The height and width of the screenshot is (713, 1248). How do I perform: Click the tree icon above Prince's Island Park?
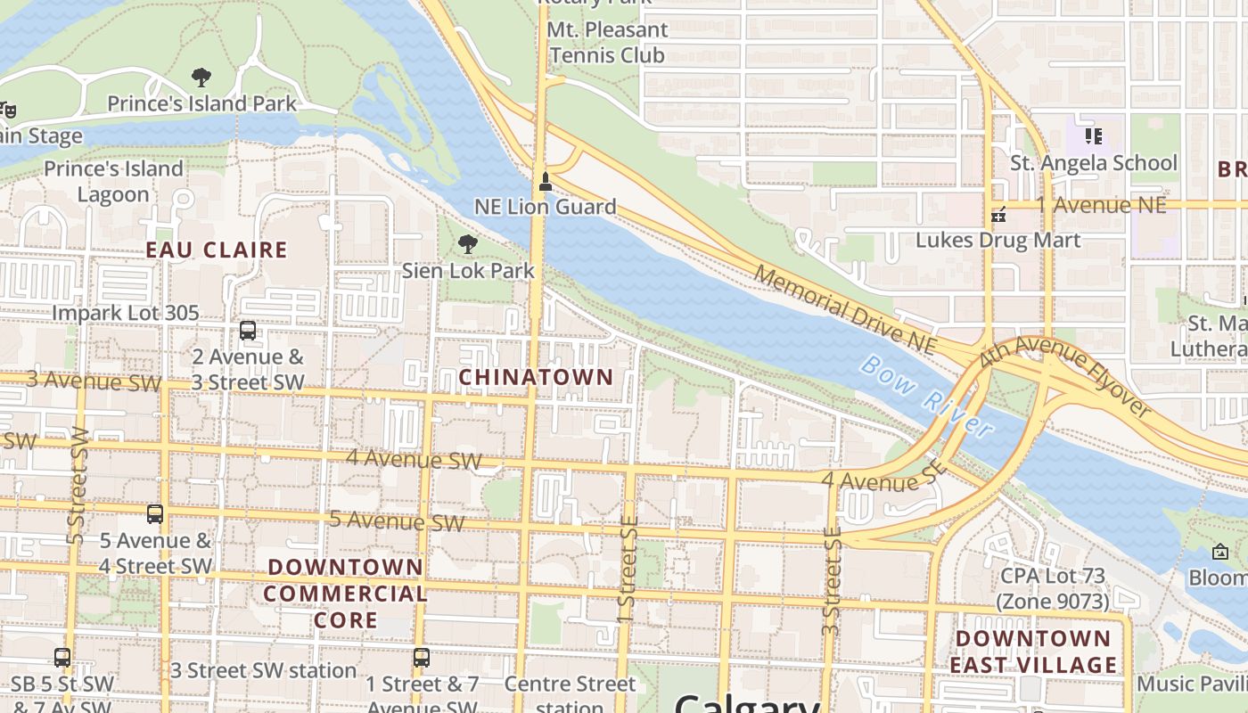pos(201,78)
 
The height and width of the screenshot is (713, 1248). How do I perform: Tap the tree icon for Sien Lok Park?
pos(467,244)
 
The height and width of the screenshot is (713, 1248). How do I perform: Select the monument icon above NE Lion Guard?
pos(545,182)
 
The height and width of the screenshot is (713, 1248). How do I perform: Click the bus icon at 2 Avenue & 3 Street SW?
pos(248,331)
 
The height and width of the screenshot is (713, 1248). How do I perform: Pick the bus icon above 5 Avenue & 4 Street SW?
pos(155,514)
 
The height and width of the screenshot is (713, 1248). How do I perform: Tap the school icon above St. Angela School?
pos(1094,136)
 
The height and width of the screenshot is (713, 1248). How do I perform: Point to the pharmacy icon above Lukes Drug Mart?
pos(998,215)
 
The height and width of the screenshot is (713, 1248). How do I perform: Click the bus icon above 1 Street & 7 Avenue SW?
pos(422,659)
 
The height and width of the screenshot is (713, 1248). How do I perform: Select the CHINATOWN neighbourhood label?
pos(536,377)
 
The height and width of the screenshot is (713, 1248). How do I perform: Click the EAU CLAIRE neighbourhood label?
pos(217,250)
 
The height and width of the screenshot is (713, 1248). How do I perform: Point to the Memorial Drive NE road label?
pos(845,308)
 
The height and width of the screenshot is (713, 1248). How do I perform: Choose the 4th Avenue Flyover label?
pos(1066,375)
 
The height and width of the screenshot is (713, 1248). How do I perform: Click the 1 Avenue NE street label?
pos(1101,205)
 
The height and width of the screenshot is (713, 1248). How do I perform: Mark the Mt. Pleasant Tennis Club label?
pos(607,42)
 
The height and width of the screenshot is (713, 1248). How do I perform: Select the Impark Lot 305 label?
pos(126,314)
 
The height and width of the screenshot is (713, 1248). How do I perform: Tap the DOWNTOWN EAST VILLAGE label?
pos(1033,652)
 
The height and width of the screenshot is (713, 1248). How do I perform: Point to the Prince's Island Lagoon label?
pos(113,181)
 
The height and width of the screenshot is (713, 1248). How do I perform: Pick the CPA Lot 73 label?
pos(1053,588)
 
